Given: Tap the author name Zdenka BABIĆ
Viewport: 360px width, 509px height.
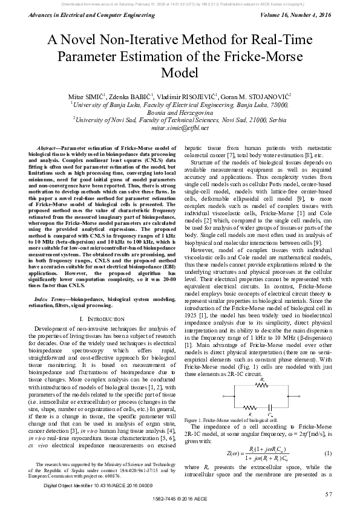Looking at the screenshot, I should coord(131,96).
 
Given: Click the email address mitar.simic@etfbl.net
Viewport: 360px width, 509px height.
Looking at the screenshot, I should coord(180,128).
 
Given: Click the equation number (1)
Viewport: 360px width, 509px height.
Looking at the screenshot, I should coord(327,453).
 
